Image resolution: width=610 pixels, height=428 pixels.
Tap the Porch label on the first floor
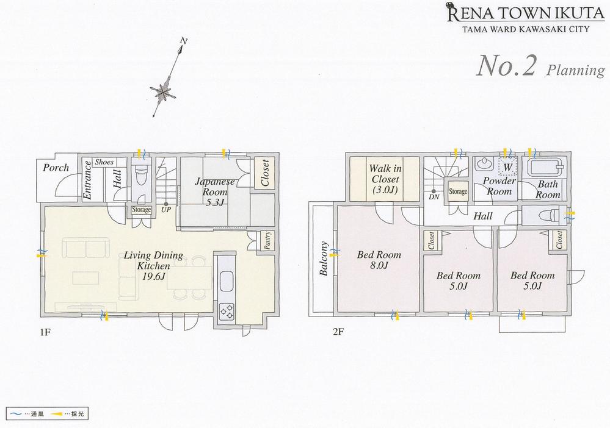coord(56,168)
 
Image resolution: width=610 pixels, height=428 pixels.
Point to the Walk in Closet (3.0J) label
coord(383,180)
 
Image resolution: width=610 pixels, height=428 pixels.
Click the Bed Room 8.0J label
coord(379,260)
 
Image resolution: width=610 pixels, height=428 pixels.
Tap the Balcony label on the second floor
coord(324,259)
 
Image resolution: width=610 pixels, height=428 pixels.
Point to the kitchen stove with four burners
coord(227,311)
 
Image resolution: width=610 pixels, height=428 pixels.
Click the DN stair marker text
coord(434,198)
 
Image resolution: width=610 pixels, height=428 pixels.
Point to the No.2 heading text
coord(505,66)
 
